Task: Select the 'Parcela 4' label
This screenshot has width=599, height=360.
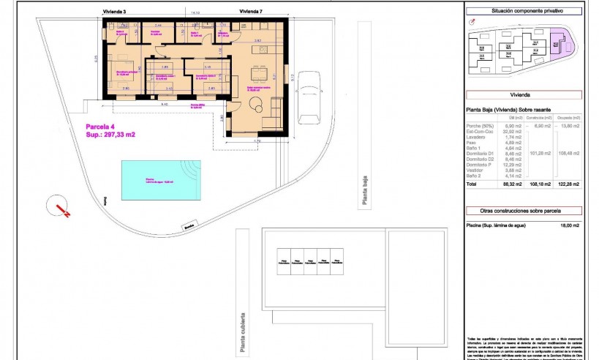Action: point(98,127)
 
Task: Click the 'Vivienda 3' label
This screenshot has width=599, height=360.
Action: point(114,12)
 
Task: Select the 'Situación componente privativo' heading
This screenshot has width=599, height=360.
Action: point(524,11)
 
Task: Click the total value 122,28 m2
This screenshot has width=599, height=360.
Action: point(570,184)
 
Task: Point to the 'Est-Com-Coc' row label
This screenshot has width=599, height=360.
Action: point(480,132)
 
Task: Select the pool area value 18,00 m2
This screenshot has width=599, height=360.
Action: point(569,225)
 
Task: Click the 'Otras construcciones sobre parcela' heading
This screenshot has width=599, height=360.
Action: point(524,211)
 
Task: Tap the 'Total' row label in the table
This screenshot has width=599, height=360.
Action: point(472,184)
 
